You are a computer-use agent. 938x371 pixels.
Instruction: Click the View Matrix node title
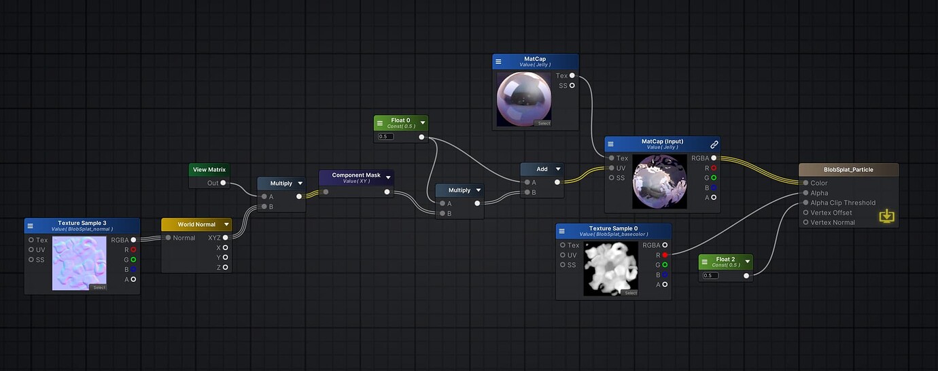209,169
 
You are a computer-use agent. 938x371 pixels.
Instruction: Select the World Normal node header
196,224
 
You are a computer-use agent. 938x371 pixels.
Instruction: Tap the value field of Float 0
386,137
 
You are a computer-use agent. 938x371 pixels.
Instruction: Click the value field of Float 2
711,275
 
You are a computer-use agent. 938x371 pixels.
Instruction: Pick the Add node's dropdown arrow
558,169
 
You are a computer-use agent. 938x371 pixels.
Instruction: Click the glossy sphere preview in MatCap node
524,99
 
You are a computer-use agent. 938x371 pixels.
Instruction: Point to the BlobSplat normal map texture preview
80,263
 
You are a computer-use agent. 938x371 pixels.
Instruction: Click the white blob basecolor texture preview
611,269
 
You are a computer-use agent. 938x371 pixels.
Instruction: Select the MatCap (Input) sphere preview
660,181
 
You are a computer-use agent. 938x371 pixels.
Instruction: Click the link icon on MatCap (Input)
714,144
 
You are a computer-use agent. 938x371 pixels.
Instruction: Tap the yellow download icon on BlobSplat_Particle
886,216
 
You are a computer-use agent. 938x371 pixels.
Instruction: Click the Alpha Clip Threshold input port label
843,202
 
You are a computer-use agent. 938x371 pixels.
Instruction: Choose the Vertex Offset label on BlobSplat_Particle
831,213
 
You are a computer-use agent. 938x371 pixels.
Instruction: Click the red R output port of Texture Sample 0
664,255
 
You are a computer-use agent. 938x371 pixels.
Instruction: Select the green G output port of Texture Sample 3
133,259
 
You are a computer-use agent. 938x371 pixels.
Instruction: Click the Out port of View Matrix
225,183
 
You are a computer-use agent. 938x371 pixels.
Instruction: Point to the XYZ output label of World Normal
214,237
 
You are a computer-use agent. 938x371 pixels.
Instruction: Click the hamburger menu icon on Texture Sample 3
31,226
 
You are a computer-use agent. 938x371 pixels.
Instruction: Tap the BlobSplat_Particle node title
848,169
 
